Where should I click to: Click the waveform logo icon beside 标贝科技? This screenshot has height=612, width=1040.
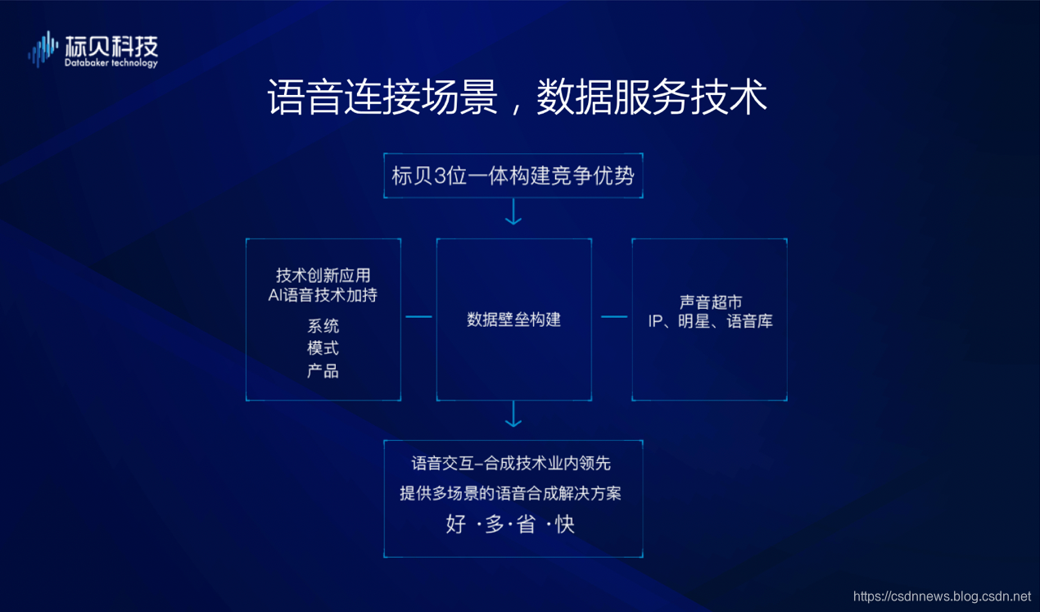(x=43, y=49)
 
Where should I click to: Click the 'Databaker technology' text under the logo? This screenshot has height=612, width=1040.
(x=111, y=63)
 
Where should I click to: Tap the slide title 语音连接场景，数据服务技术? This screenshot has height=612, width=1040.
(x=517, y=97)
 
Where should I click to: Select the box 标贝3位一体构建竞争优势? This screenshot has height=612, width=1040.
(x=513, y=175)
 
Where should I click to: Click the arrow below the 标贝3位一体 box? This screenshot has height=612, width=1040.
(x=513, y=211)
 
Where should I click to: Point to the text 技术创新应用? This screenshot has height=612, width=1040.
(x=323, y=275)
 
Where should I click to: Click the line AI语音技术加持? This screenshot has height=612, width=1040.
(x=323, y=295)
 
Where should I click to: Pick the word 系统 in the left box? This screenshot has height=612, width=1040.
(x=323, y=326)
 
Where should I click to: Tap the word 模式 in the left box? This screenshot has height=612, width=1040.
(x=323, y=348)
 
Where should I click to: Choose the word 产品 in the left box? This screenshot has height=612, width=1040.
(x=323, y=370)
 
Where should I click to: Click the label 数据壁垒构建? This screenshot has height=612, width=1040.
(x=513, y=320)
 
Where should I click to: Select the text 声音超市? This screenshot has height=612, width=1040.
(x=710, y=302)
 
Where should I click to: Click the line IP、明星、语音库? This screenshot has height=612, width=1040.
(x=710, y=321)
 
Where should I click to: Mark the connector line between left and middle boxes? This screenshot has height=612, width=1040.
(x=418, y=317)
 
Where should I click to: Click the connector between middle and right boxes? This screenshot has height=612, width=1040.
(x=614, y=317)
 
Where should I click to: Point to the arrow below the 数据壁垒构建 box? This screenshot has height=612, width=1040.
(x=513, y=415)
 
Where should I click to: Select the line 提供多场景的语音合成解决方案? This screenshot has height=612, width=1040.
(x=510, y=493)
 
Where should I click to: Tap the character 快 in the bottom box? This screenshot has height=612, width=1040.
(x=565, y=524)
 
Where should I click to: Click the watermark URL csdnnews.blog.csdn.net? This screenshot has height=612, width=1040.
(x=942, y=596)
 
